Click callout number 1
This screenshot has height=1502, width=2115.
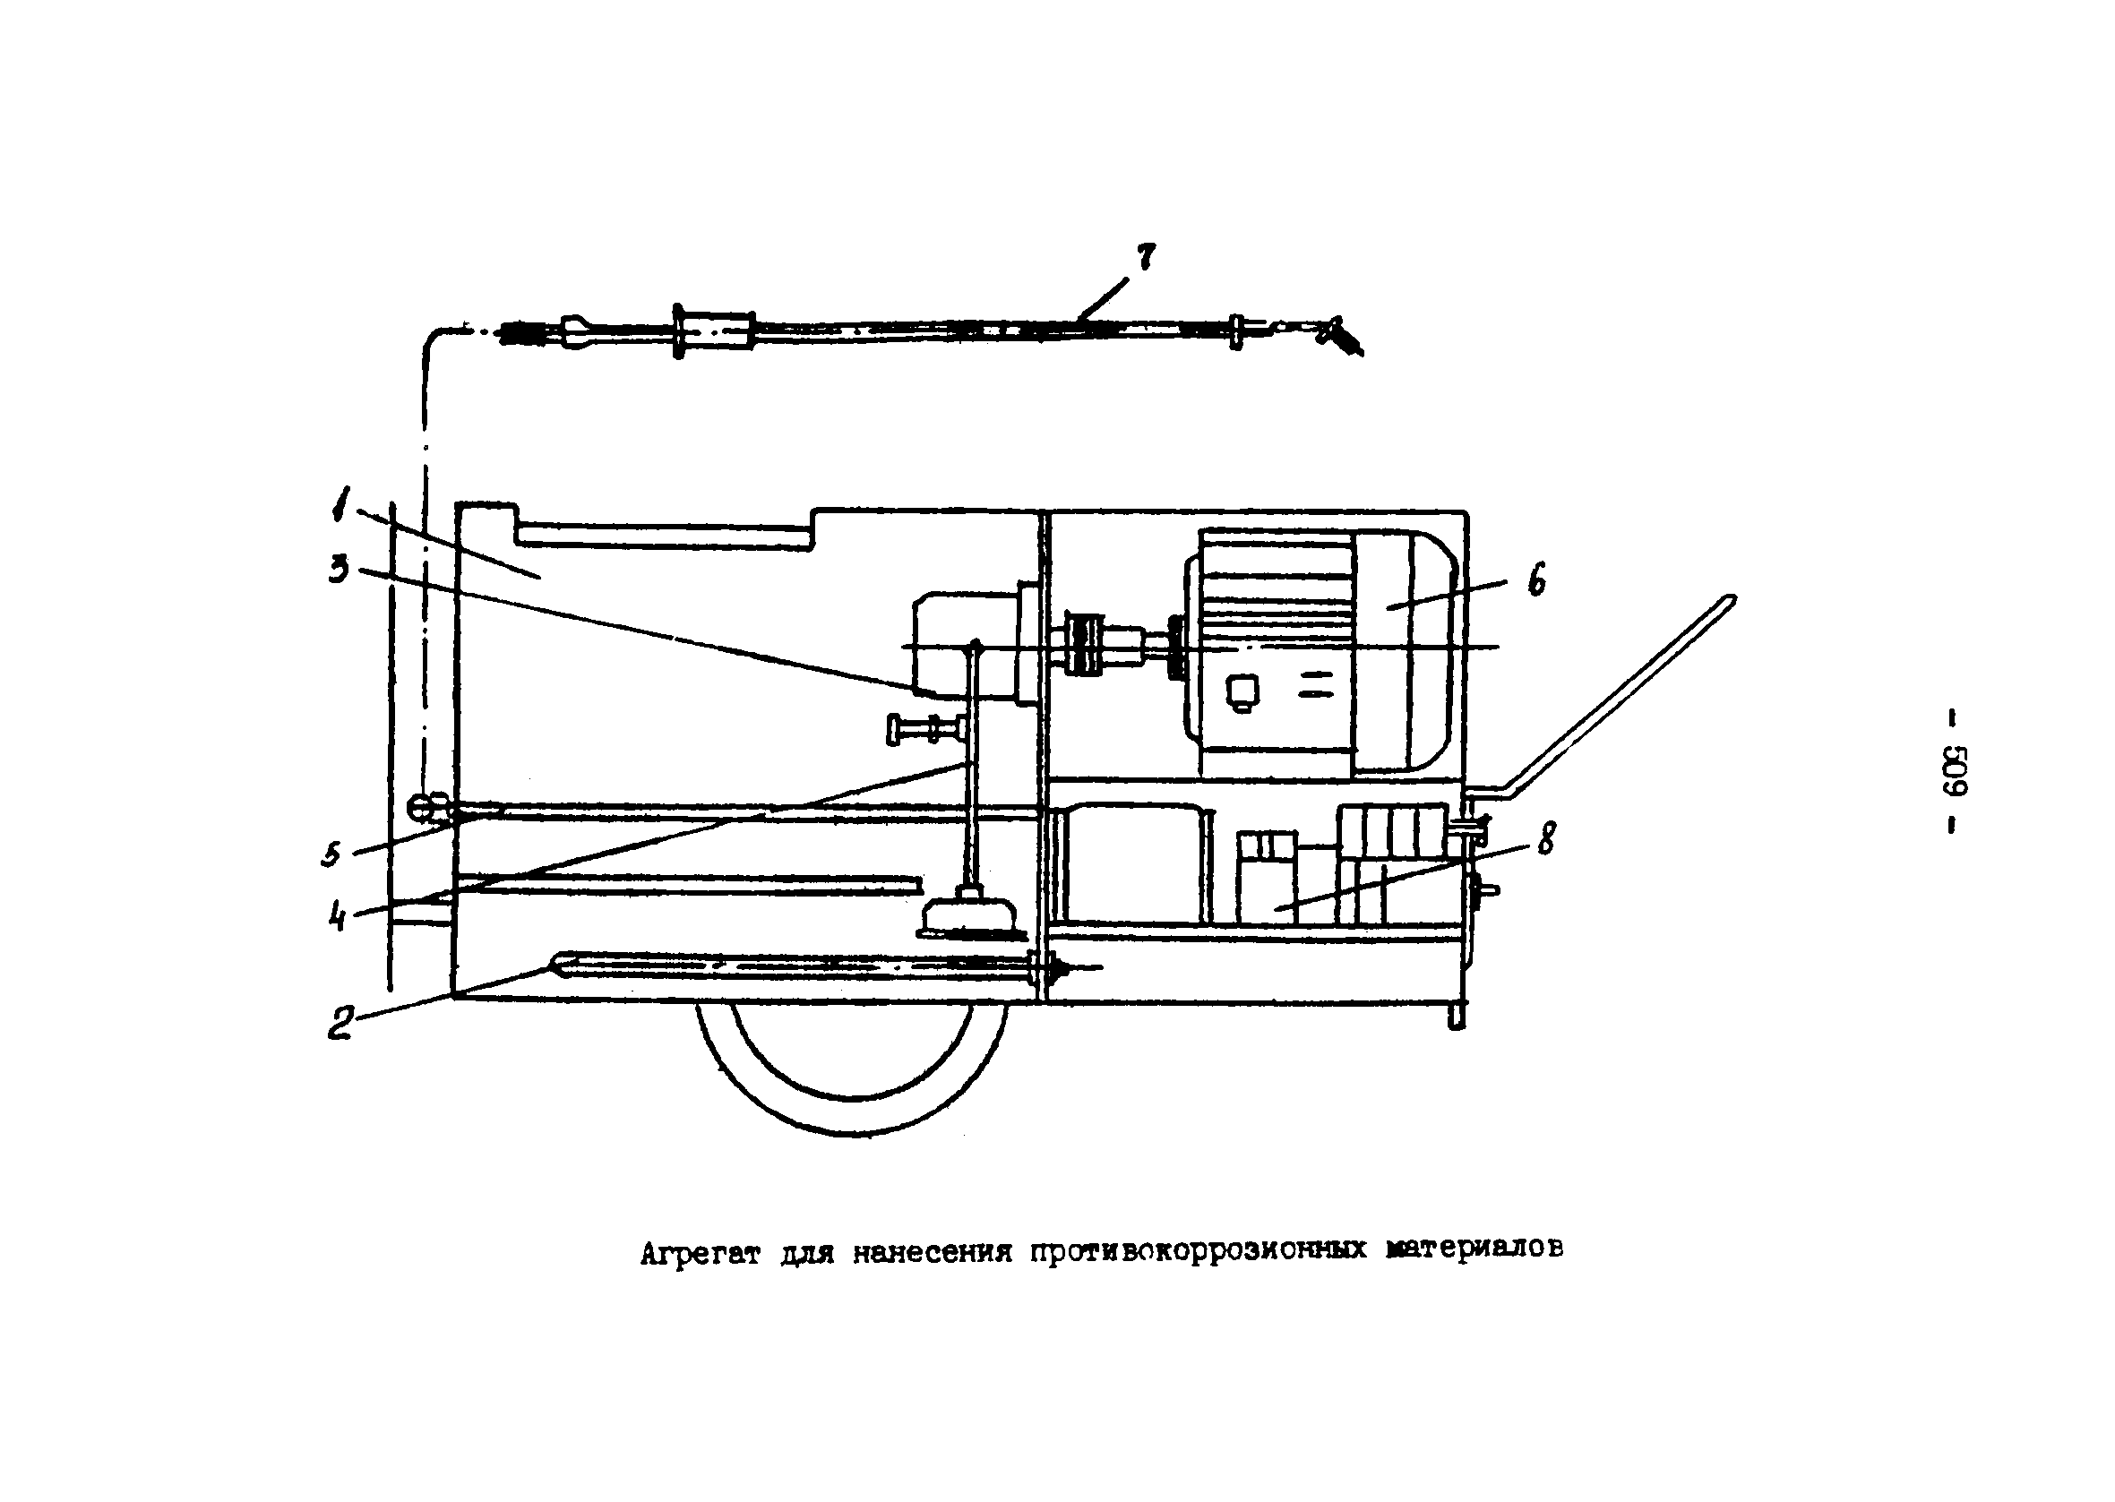pos(341,507)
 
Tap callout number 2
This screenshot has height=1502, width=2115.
pos(340,1022)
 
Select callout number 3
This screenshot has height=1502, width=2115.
pos(339,570)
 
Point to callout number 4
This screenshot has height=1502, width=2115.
pos(339,915)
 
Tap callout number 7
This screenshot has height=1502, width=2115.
pos(1146,257)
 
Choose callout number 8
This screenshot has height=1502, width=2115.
pos(1545,838)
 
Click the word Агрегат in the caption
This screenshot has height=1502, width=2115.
pos(699,1254)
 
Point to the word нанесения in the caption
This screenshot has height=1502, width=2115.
pos(932,1253)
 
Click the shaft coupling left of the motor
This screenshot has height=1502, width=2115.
pos(1086,642)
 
